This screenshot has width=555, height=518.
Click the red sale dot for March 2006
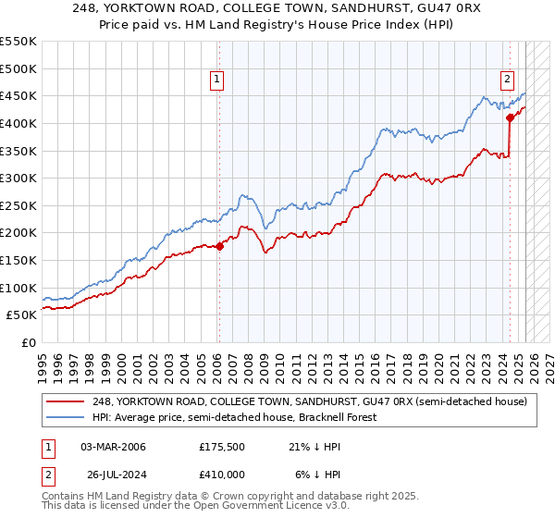[219, 246]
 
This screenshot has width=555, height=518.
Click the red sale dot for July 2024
[510, 117]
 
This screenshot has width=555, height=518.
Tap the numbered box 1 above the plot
[216, 80]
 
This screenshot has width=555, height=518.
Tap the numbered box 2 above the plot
[508, 80]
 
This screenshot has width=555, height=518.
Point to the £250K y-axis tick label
[18, 205]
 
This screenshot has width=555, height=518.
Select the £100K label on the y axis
[18, 288]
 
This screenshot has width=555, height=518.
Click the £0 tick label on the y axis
[28, 342]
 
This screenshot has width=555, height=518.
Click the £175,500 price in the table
[221, 447]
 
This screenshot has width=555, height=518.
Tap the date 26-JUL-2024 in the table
[115, 473]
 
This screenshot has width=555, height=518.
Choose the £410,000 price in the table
[221, 473]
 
